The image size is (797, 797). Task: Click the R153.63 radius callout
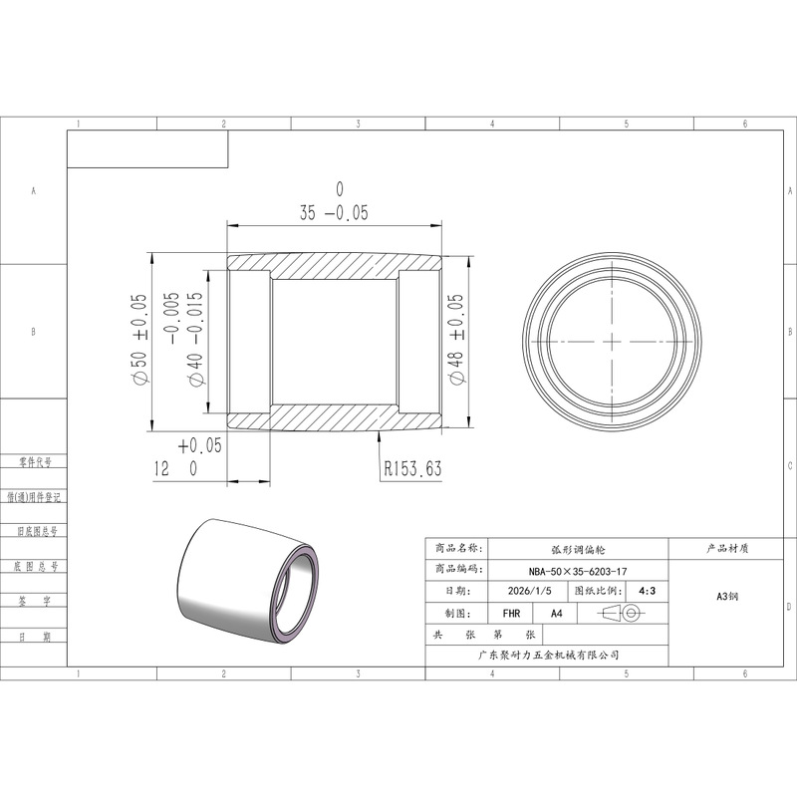(412, 468)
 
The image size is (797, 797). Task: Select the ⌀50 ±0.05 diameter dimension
(139, 340)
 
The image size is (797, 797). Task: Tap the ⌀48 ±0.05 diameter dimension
(456, 340)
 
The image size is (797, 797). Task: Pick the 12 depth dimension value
(161, 468)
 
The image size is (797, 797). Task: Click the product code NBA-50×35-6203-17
(578, 571)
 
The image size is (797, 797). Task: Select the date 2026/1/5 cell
(529, 591)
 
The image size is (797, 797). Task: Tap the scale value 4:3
(647, 591)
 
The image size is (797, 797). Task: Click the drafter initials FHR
(511, 614)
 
